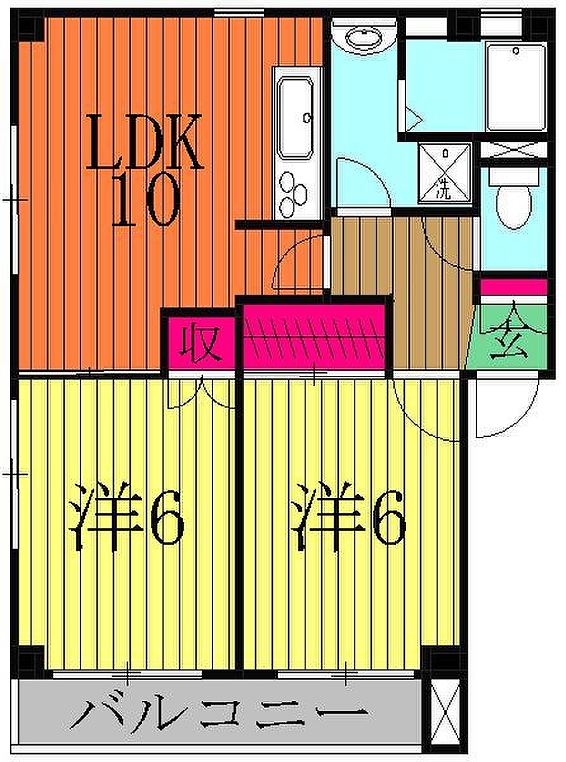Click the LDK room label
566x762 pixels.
tap(145, 142)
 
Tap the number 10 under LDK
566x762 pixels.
tap(145, 200)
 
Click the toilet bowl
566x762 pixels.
tap(514, 206)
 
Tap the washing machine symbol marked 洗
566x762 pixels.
tap(444, 173)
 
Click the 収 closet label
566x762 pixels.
tap(199, 343)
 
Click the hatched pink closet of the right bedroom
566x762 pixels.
tap(315, 337)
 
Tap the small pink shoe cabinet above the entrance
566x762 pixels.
tap(513, 286)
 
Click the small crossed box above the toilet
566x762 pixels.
tap(513, 150)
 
